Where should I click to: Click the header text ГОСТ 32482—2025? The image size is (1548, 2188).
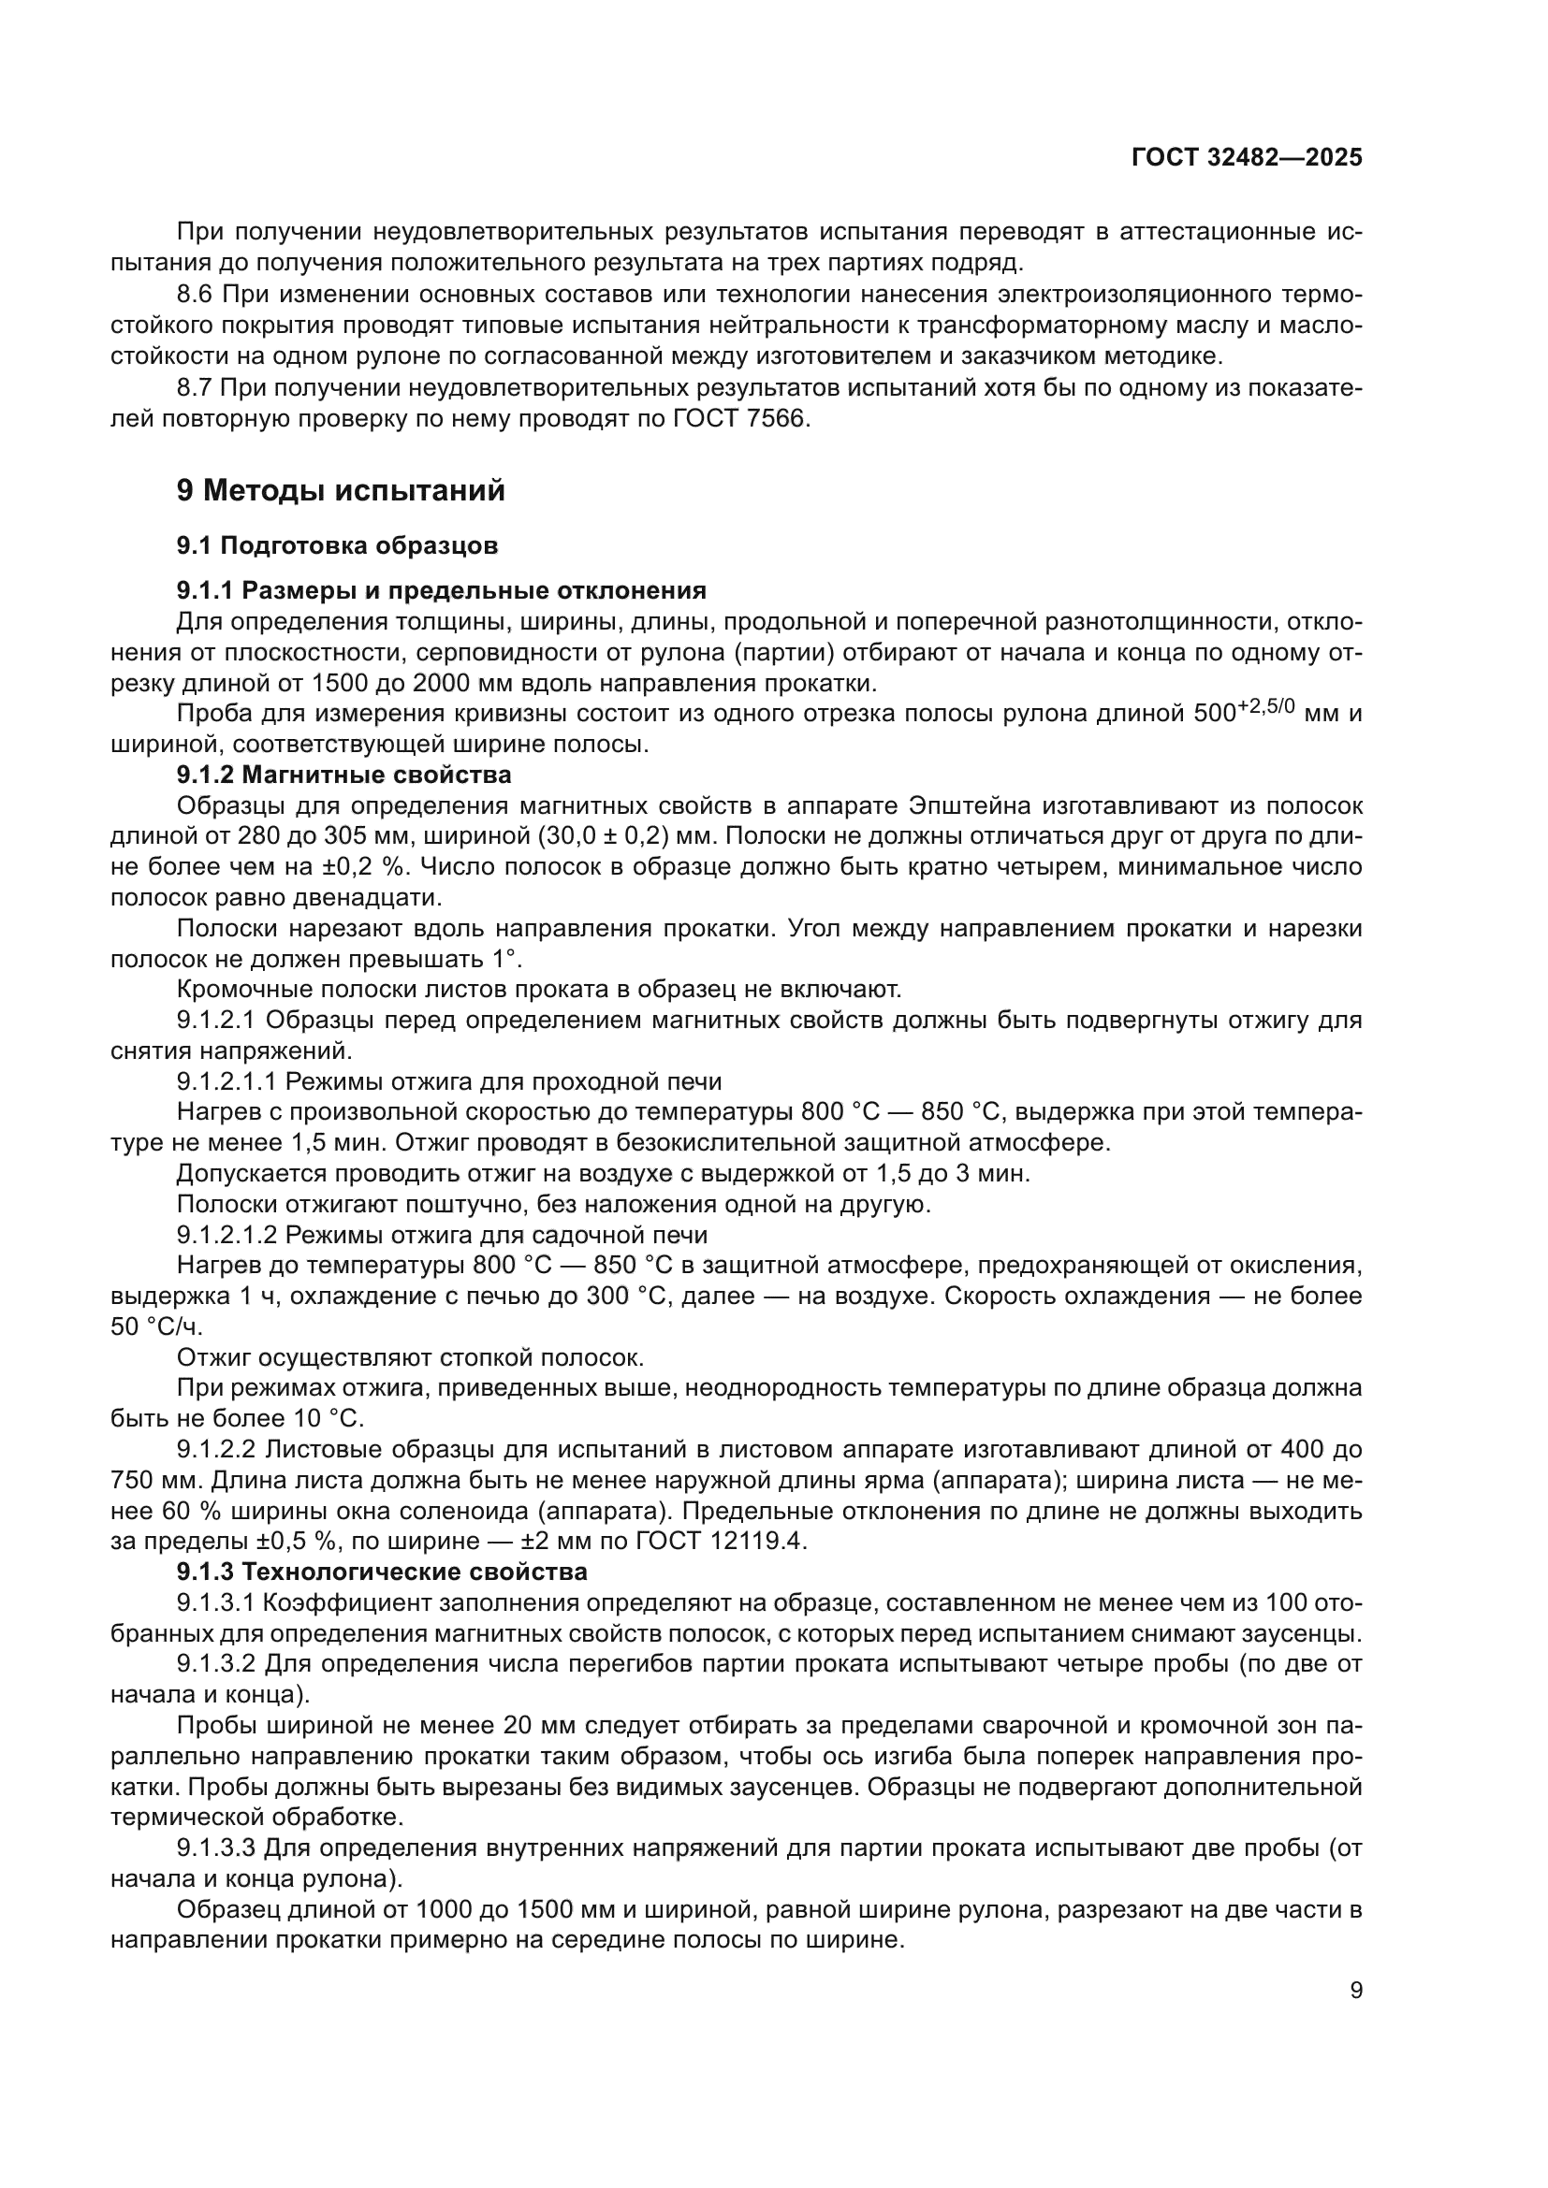tap(1247, 157)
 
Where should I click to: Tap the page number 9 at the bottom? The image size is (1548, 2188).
tap(1356, 1991)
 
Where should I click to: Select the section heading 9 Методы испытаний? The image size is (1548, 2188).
tap(342, 491)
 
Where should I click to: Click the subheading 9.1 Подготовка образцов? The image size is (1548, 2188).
tap(338, 546)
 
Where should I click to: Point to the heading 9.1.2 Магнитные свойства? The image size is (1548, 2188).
tap(344, 774)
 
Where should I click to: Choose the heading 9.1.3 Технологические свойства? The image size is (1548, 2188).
tap(382, 1572)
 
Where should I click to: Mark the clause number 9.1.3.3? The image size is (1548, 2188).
tap(216, 1848)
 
